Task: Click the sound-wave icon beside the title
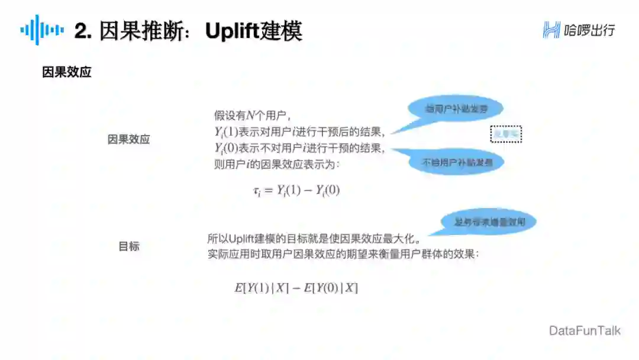pos(42,30)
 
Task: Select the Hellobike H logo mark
pos(551,30)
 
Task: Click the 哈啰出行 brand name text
pos(589,30)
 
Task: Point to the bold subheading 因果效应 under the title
pos(66,72)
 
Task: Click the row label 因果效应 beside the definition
pos(128,140)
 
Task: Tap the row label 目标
pos(129,246)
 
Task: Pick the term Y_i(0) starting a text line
pos(226,149)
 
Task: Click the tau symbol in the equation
pos(256,191)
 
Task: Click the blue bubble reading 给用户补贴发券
pos(456,109)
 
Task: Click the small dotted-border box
pos(506,134)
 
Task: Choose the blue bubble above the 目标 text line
pos(490,222)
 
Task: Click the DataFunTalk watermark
pos(585,330)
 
